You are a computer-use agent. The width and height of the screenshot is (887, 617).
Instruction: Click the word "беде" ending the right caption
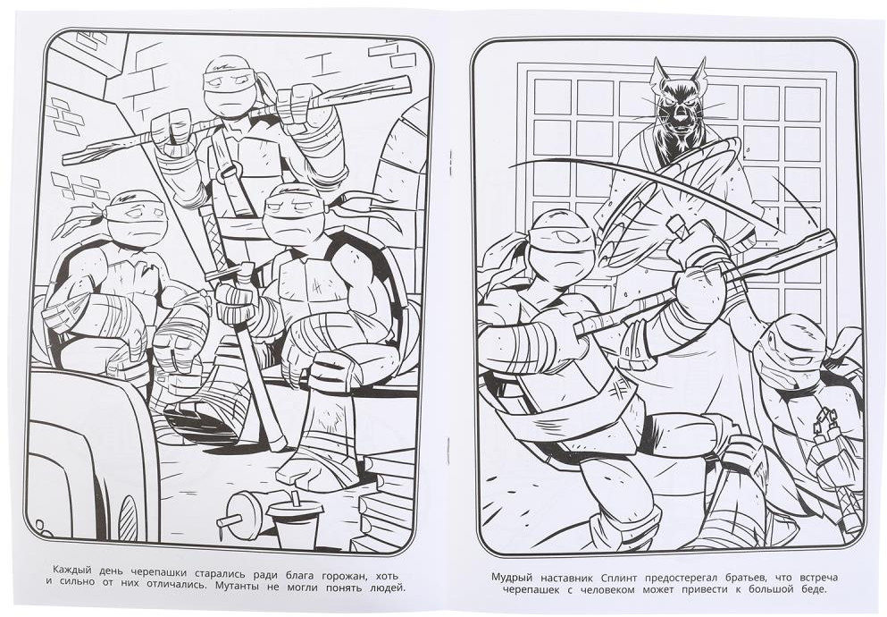pos(813,590)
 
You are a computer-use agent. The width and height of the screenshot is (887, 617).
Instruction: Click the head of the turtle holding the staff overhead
pos(230,86)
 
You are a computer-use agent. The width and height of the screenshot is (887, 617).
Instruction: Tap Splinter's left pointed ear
pos(659,68)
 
